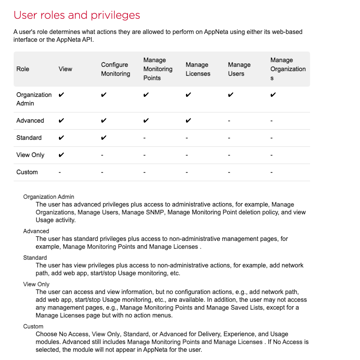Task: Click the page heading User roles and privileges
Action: coord(77,15)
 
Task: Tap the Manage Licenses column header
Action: coord(198,69)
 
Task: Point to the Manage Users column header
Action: coord(239,69)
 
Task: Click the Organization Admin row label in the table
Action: coord(34,99)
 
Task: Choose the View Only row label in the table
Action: coord(30,155)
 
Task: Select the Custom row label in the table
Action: coord(27,172)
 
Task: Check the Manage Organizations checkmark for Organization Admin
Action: coord(273,95)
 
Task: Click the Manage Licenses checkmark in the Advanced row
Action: coord(188,121)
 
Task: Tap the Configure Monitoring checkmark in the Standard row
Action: coord(103,138)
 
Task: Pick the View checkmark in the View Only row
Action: coord(61,155)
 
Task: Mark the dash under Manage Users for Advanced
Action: coord(229,121)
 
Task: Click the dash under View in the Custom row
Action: coord(59,173)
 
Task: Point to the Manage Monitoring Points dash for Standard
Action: coord(144,138)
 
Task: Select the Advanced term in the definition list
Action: coord(36,231)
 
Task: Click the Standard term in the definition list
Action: coord(35,258)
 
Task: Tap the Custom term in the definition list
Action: coord(33,326)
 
